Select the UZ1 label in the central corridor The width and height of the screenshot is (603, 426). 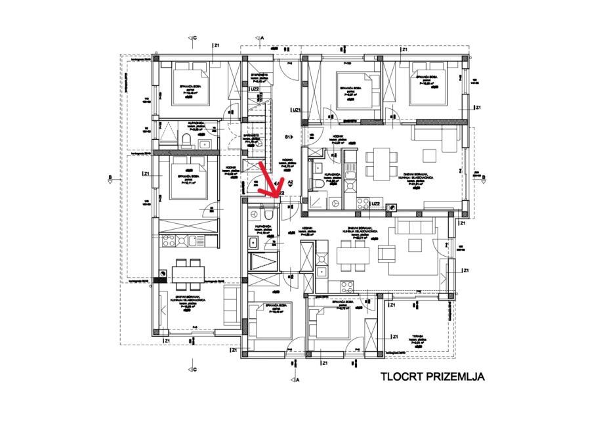[296, 111]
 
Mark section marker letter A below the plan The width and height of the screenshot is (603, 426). [297, 379]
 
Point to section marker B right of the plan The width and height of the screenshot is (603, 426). [484, 177]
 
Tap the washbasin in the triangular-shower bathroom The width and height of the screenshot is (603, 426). [205, 144]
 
